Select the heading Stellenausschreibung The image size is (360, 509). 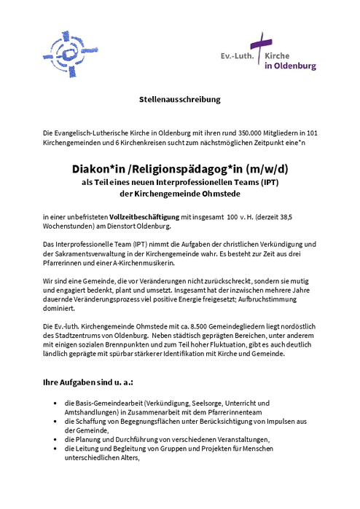point(179,98)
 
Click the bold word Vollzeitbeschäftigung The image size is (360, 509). point(144,217)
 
